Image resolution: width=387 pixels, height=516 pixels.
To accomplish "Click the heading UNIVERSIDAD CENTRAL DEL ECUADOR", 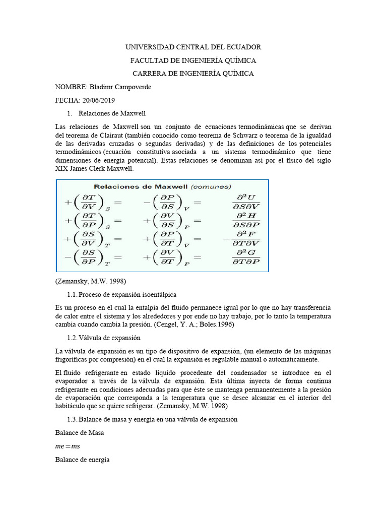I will click(193, 47).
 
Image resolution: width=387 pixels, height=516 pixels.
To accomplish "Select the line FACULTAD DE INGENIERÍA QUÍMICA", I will click(193, 60).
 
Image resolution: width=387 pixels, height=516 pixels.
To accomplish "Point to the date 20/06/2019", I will click(98, 100).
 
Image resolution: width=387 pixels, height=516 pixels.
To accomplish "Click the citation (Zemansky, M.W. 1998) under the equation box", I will click(90, 281).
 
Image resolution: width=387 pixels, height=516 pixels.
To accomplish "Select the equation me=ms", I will click(68, 446).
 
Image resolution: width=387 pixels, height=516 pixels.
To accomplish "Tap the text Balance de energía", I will click(82, 460).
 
